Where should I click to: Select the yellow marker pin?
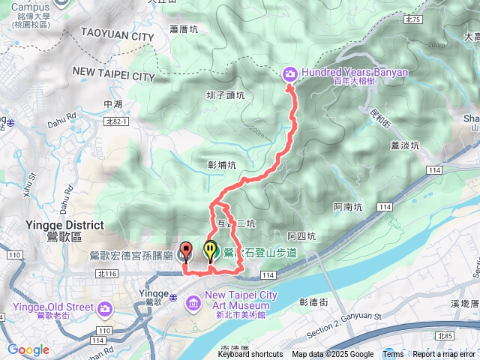pos(210,250)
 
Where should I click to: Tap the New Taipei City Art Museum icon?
pos(193,302)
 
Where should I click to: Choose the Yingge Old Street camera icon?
pos(103,307)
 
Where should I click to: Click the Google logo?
pos(28,349)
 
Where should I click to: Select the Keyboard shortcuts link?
pos(250,355)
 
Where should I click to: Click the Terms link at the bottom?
pos(393,355)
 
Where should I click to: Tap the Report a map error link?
pos(444,355)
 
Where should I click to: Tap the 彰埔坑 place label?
pos(221,164)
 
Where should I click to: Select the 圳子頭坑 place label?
pos(226,95)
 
